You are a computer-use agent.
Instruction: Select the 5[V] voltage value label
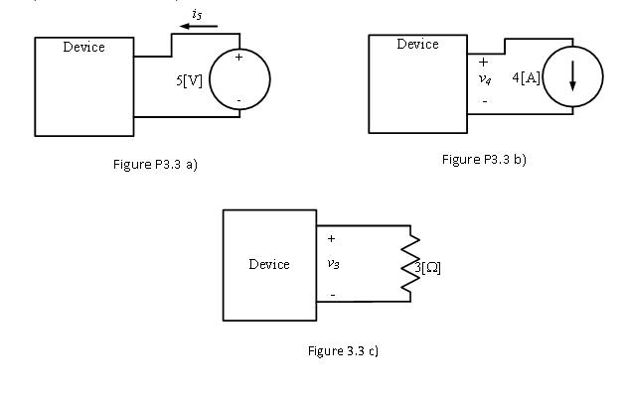pyautogui.click(x=189, y=80)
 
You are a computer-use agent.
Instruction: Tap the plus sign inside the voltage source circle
pyautogui.click(x=238, y=60)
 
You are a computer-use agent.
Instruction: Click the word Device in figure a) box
pyautogui.click(x=83, y=48)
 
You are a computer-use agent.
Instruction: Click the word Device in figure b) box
pyautogui.click(x=417, y=45)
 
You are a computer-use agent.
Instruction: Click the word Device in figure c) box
pyautogui.click(x=269, y=264)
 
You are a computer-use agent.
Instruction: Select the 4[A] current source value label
pyautogui.click(x=525, y=78)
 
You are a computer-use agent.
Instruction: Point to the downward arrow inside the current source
pyautogui.click(x=571, y=81)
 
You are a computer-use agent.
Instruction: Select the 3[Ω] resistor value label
pyautogui.click(x=424, y=267)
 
